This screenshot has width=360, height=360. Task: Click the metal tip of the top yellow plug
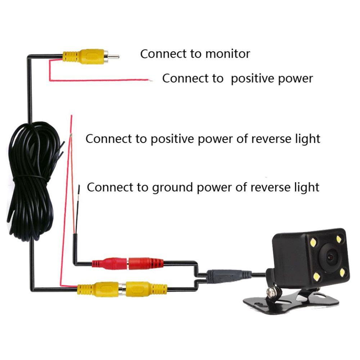click(x=114, y=57)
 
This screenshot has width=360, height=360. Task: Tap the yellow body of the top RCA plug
click(x=85, y=57)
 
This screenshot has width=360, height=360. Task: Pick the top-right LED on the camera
click(x=339, y=238)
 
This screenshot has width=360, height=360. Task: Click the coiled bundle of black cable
click(x=31, y=180)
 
